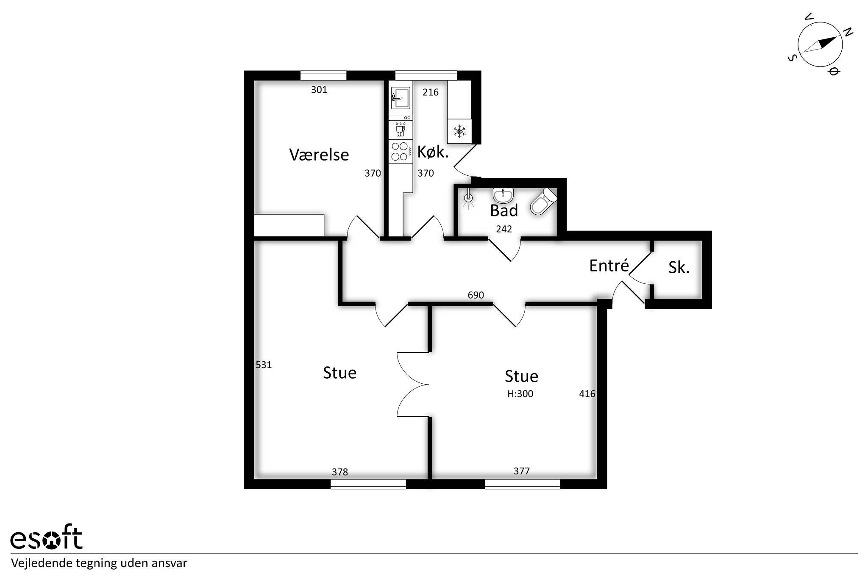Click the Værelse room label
click(x=319, y=155)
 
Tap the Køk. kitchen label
click(x=433, y=151)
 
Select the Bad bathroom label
click(x=504, y=210)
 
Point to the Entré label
click(x=609, y=265)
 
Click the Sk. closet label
click(x=679, y=267)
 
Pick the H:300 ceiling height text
click(x=520, y=394)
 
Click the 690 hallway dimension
click(x=476, y=295)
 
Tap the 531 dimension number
click(x=264, y=365)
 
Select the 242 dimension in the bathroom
click(x=504, y=229)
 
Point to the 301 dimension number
click(x=319, y=89)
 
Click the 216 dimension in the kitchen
click(x=431, y=92)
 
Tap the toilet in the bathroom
click(x=543, y=202)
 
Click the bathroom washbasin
click(x=504, y=195)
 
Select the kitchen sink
click(x=401, y=98)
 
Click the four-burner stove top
click(x=401, y=151)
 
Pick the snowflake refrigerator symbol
click(x=459, y=131)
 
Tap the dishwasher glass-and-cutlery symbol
click(x=401, y=129)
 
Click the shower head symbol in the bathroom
click(x=468, y=199)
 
